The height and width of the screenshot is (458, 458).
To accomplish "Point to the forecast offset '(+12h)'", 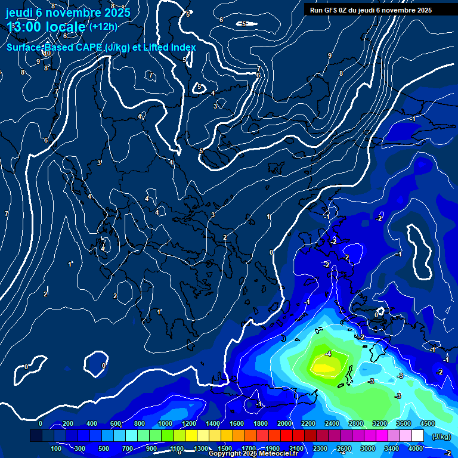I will click(103, 27).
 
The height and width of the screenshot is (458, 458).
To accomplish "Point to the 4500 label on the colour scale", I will click(426, 423).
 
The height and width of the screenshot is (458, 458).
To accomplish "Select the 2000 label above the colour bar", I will click(284, 423).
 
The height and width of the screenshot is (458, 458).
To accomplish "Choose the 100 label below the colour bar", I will click(57, 448).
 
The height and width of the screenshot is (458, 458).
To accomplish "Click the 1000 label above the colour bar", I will click(165, 423).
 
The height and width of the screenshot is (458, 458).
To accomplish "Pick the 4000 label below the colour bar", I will click(415, 448).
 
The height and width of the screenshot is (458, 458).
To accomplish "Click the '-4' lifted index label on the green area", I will click(328, 354).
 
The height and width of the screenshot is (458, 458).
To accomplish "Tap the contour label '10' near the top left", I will click(47, 53).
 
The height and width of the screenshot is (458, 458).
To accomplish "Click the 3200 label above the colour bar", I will click(380, 423).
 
